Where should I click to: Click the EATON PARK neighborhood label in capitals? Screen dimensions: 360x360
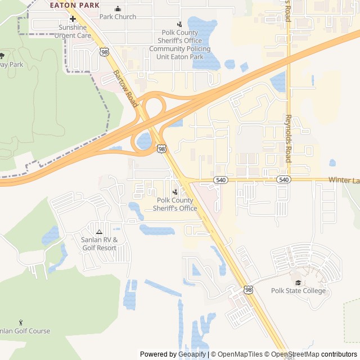pyautogui.click(x=74, y=5)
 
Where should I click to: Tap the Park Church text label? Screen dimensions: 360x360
pyautogui.click(x=118, y=17)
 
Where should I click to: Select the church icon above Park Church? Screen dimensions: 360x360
pyautogui.click(x=118, y=8)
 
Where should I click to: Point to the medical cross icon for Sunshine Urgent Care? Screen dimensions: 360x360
pyautogui.click(x=73, y=19)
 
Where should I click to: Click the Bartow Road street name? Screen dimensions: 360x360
pyautogui.click(x=125, y=88)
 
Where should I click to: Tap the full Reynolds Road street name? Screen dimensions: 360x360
pyautogui.click(x=287, y=139)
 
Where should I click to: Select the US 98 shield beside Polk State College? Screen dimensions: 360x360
pyautogui.click(x=248, y=290)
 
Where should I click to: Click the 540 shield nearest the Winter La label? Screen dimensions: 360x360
pyautogui.click(x=283, y=179)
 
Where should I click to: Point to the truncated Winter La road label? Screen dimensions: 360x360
pyautogui.click(x=344, y=180)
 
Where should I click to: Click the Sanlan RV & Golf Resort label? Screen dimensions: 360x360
pyautogui.click(x=99, y=244)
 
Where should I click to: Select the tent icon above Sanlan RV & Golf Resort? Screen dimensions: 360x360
pyautogui.click(x=99, y=232)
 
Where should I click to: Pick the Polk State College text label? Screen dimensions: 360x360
pyautogui.click(x=298, y=291)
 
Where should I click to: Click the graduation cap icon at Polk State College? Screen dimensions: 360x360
pyautogui.click(x=298, y=282)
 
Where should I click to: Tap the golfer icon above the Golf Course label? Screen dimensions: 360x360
pyautogui.click(x=21, y=323)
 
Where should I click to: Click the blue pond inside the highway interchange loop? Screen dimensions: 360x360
pyautogui.click(x=145, y=140)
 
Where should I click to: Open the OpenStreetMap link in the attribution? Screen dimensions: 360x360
pyautogui.click(x=296, y=354)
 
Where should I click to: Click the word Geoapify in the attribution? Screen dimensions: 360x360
pyautogui.click(x=192, y=354)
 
